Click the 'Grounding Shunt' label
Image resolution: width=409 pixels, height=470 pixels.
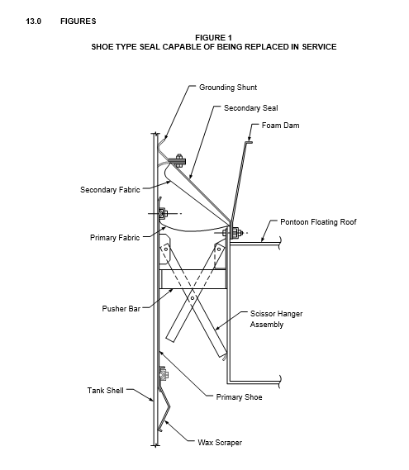click(228, 88)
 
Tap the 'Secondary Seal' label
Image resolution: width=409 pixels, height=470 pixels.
click(251, 108)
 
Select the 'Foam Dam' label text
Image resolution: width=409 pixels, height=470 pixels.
click(280, 126)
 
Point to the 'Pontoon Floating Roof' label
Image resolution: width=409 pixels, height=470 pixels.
click(318, 222)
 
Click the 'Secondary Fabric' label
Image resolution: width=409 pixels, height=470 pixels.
click(110, 190)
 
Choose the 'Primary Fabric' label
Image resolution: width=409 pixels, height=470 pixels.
click(115, 238)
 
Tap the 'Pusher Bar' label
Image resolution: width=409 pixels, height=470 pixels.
click(121, 309)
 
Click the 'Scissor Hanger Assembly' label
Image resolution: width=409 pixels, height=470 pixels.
click(276, 319)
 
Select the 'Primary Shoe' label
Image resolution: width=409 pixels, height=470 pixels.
click(239, 397)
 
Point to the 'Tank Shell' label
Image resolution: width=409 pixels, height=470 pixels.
click(105, 390)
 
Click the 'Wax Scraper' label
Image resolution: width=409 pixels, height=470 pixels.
click(220, 443)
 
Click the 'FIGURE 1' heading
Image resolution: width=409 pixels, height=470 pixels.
click(213, 38)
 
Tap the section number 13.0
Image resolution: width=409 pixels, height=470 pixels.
click(34, 21)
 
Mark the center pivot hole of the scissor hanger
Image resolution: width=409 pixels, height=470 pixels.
click(193, 298)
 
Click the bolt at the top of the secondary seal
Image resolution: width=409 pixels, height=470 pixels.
click(178, 161)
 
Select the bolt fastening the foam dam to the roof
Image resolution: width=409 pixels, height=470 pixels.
click(234, 233)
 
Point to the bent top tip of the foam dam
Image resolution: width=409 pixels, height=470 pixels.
click(249, 142)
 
